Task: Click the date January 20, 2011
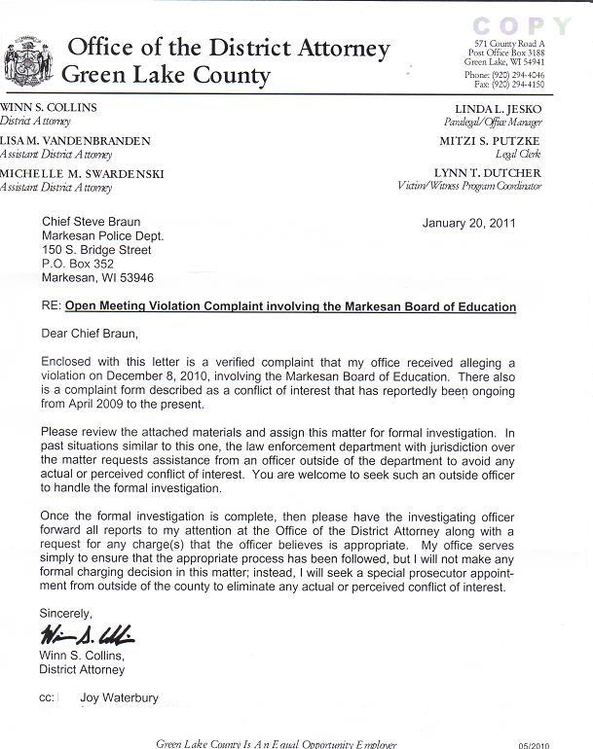point(469,223)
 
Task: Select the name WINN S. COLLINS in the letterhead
point(49,107)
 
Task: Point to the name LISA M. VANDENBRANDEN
point(75,141)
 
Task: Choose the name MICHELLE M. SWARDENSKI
point(82,174)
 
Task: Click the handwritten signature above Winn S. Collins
point(87,636)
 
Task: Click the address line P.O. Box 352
point(78,264)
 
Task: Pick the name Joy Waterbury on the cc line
point(121,697)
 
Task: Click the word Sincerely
point(65,614)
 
